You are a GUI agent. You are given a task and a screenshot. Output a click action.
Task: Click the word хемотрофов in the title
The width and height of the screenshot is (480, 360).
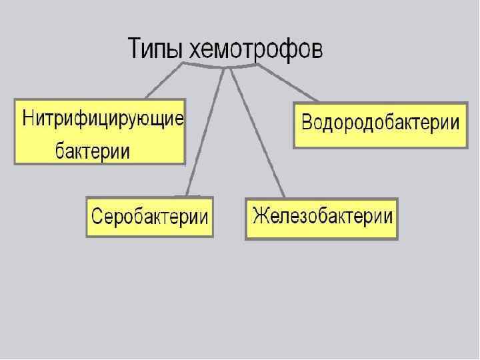tap(256, 49)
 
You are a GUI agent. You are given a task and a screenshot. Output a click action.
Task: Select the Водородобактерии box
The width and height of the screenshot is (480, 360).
tap(380, 125)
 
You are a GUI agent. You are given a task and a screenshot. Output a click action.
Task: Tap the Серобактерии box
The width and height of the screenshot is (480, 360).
tap(149, 217)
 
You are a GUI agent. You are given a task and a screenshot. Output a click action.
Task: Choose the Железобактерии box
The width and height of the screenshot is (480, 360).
tap(321, 218)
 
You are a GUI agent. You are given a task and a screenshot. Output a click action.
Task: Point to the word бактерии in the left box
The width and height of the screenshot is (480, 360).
tap(91, 151)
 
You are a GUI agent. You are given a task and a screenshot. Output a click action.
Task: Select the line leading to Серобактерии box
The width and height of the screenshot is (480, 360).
tap(203, 133)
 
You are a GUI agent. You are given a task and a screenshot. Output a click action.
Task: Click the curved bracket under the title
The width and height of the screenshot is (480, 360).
tap(220, 66)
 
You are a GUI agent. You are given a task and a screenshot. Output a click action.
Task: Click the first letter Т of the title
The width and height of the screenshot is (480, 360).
tap(134, 49)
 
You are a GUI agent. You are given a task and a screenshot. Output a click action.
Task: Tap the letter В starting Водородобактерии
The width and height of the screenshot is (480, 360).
tap(307, 123)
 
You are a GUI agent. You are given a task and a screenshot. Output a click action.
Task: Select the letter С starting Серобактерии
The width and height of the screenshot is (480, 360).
tap(97, 217)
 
